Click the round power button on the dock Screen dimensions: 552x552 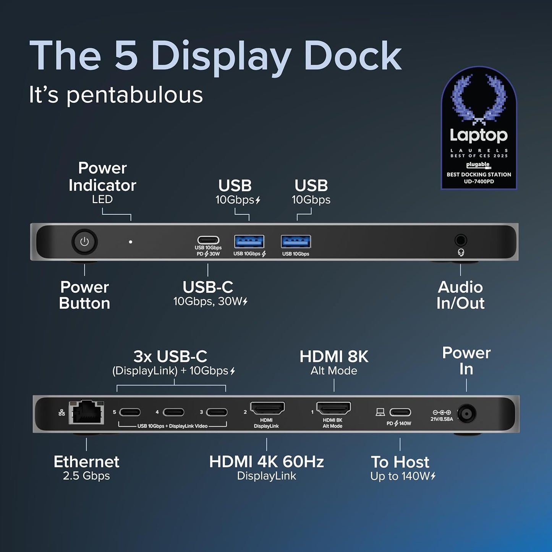tap(84, 242)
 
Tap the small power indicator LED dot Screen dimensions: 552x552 tap(131, 242)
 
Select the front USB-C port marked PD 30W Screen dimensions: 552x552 tap(208, 240)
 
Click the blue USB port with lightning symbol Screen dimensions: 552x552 tap(249, 241)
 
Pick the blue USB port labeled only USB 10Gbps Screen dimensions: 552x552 tap(296, 241)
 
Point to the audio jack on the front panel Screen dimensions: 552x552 tap(461, 240)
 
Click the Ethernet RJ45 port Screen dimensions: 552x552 tap(87, 413)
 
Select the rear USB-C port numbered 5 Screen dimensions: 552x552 tap(130, 413)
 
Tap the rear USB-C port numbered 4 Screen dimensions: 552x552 tap(173, 413)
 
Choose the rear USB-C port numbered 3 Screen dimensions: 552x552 tap(217, 413)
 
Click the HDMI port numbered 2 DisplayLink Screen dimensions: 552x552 tap(267, 408)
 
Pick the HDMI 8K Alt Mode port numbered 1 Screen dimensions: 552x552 tap(333, 408)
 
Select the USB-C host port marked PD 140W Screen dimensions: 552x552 tap(400, 412)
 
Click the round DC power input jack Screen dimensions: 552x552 tap(466, 414)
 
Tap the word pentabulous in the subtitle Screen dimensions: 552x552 tap(134, 95)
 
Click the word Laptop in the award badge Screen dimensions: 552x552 tap(479, 135)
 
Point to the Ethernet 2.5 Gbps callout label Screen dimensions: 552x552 tap(86, 467)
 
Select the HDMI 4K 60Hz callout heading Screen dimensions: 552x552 tap(266, 462)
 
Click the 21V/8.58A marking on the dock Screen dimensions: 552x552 tap(442, 419)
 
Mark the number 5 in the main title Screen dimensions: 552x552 tap(126, 56)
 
